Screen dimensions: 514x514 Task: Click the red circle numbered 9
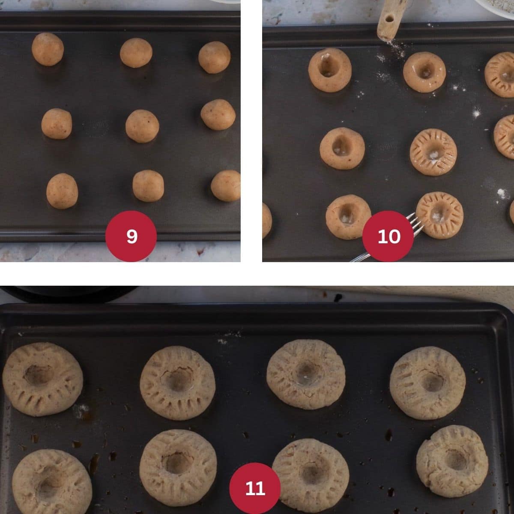131,236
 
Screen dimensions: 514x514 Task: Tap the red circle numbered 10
388,236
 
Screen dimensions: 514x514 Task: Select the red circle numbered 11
255,488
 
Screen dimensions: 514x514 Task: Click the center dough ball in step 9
142,126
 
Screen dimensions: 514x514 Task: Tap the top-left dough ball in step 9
48,49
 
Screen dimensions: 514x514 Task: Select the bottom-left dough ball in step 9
62,191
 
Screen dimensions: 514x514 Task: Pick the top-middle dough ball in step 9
136,52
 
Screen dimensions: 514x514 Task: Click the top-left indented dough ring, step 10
330,69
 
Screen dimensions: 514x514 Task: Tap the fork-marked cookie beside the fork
440,215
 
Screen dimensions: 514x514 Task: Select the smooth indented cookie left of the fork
348,217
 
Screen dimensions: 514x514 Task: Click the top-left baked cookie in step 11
42,379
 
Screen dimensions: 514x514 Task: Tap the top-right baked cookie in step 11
427,383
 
